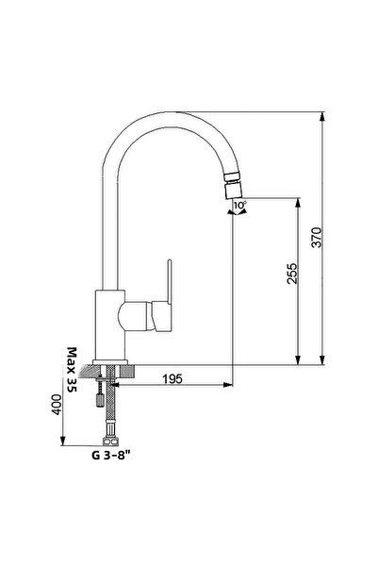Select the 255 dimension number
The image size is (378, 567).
point(293,275)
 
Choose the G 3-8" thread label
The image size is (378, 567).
point(110,453)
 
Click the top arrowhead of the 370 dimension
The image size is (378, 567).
point(323,118)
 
